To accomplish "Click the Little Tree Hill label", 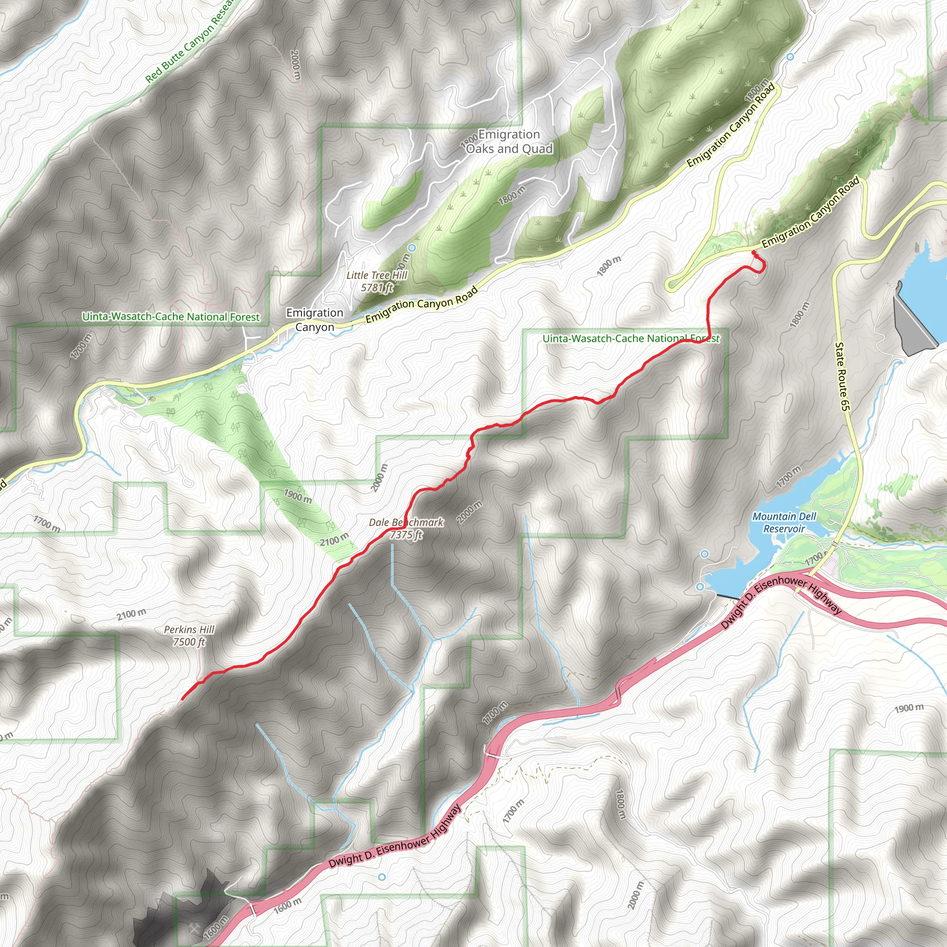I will click(x=376, y=276).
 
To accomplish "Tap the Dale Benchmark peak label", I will click(x=406, y=523).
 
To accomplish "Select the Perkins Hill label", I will click(x=189, y=629).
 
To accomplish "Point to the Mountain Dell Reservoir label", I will click(x=784, y=523).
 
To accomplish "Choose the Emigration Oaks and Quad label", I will click(x=509, y=141).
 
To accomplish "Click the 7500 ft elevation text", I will click(x=189, y=642).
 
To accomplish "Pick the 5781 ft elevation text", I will click(x=376, y=288).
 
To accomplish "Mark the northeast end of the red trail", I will click(x=753, y=252).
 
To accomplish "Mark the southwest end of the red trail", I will click(x=182, y=699).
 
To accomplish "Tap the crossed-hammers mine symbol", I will click(x=194, y=929).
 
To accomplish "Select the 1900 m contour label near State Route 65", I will click(x=909, y=708).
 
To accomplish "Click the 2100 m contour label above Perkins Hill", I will click(x=131, y=614).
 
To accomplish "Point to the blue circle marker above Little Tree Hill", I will click(x=412, y=248).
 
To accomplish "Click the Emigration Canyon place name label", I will click(x=315, y=320).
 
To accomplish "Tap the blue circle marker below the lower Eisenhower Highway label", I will click(x=382, y=877).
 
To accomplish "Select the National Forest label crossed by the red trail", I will click(x=631, y=338).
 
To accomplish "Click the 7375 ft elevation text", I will click(x=406, y=535).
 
